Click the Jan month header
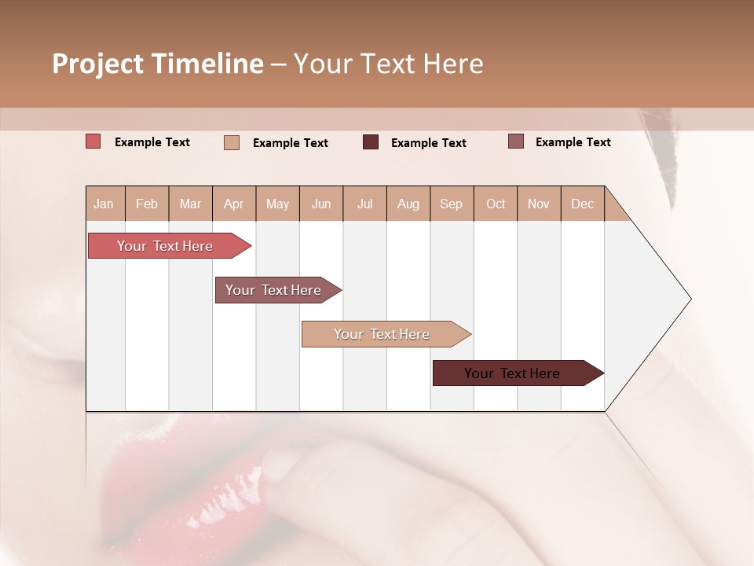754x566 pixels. pyautogui.click(x=104, y=204)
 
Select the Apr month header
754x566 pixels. pyautogui.click(x=234, y=204)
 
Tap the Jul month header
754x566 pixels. pyautogui.click(x=365, y=204)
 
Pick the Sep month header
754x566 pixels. pyautogui.click(x=452, y=204)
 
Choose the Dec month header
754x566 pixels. pyautogui.click(x=582, y=204)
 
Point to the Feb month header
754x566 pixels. pyautogui.click(x=147, y=204)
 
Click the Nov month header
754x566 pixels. pyautogui.click(x=539, y=204)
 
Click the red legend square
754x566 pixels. pyautogui.click(x=93, y=141)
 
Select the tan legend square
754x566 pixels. pyautogui.click(x=232, y=142)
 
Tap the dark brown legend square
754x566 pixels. pyautogui.click(x=371, y=142)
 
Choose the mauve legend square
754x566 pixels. pyautogui.click(x=516, y=141)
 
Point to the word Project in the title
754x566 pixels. pyautogui.click(x=98, y=64)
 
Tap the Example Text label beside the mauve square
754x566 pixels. pyautogui.click(x=573, y=142)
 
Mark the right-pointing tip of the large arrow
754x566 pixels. pyautogui.click(x=690, y=299)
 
